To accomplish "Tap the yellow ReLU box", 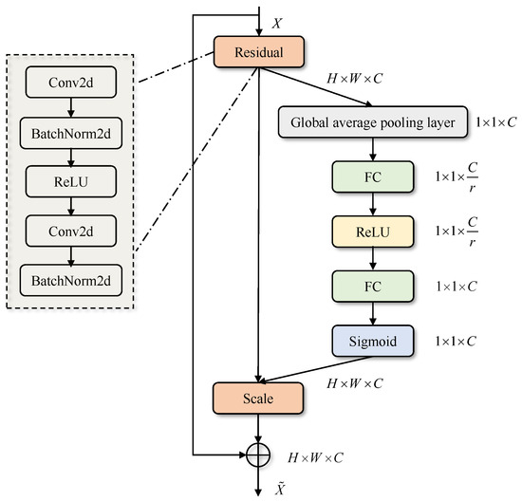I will [x=373, y=231].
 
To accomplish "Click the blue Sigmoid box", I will [x=373, y=340].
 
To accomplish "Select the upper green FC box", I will [x=373, y=176].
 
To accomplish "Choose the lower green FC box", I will [x=373, y=285].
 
